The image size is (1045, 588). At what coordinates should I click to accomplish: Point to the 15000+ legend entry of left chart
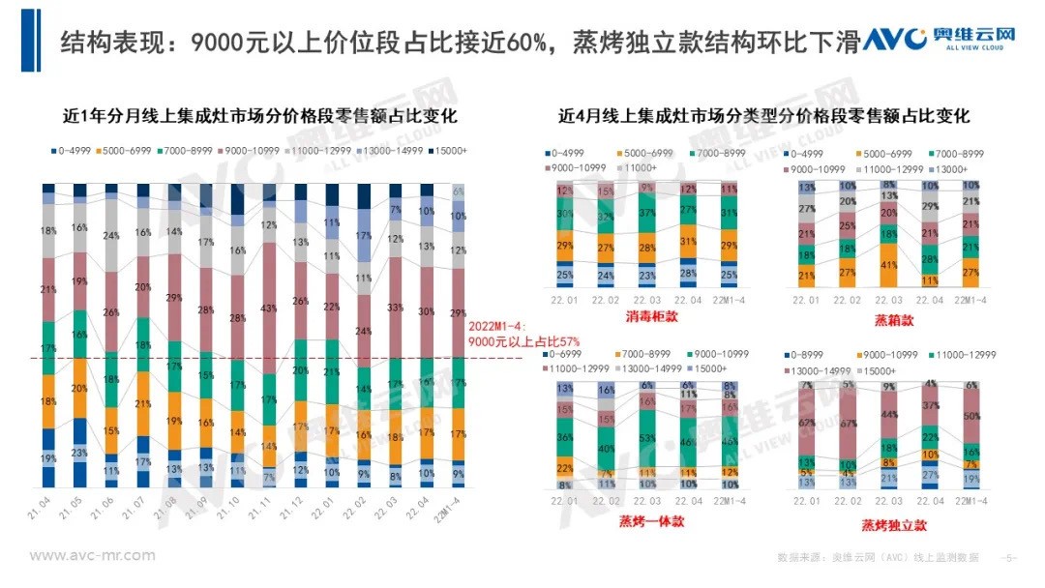[x=447, y=151]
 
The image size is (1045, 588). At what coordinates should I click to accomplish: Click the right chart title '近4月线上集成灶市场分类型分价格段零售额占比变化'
[x=763, y=116]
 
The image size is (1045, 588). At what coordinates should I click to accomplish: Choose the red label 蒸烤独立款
[x=895, y=524]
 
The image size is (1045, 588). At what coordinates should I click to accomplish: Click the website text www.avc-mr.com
[x=92, y=556]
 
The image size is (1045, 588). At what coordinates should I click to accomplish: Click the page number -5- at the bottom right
[x=1009, y=558]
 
